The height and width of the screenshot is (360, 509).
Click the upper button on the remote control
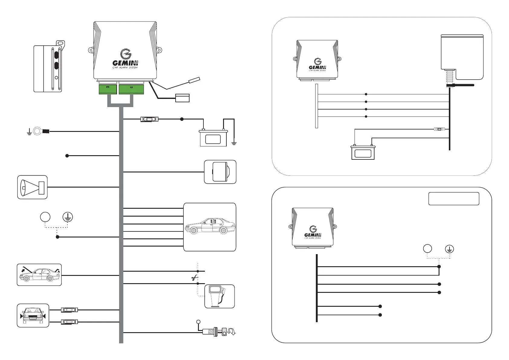[x=56, y=55]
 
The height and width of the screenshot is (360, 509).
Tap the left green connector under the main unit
[x=108, y=89]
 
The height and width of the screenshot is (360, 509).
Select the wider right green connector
[x=131, y=89]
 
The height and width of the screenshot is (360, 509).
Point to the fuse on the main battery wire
[x=149, y=119]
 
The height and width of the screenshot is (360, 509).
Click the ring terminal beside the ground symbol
[x=41, y=131]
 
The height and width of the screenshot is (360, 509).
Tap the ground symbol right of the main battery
[x=234, y=143]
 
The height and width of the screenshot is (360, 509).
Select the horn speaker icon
[x=32, y=187]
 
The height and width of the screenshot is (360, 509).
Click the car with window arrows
[x=210, y=227]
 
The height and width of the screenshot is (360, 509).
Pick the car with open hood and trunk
[x=39, y=275]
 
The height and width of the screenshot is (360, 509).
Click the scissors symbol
[x=195, y=278]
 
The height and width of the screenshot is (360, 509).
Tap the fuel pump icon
[x=219, y=296]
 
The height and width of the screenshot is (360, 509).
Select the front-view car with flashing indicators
[x=33, y=316]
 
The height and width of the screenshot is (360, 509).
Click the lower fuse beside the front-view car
[x=69, y=322]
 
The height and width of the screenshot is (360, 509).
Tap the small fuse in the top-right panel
[x=439, y=129]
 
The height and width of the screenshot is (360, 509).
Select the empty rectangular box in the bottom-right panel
[x=454, y=199]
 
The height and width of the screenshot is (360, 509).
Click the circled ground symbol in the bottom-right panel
[x=449, y=249]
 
